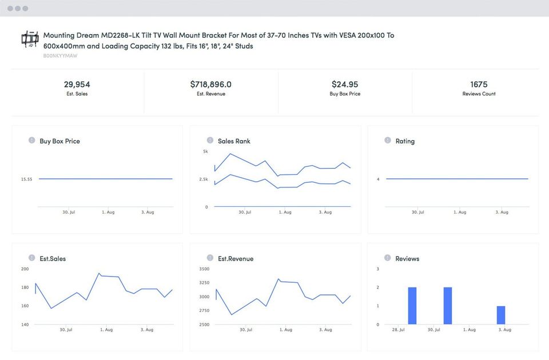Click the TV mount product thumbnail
click(x=29, y=39)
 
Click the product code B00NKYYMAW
click(x=60, y=56)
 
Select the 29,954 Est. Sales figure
click(x=77, y=85)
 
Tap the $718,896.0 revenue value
click(x=210, y=85)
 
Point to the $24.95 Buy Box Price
click(x=345, y=85)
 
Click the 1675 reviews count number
click(x=479, y=85)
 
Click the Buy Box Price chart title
click(x=59, y=141)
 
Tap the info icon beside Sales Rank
click(x=210, y=141)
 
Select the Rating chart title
click(x=405, y=141)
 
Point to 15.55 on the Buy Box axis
click(x=26, y=179)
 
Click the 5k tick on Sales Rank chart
click(x=205, y=151)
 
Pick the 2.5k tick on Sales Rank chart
click(x=204, y=179)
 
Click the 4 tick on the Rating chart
click(x=378, y=179)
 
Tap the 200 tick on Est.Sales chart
click(x=25, y=269)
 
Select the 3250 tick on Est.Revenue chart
click(x=204, y=283)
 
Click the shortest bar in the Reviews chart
click(x=500, y=315)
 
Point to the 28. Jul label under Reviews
click(x=398, y=330)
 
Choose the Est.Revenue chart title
click(x=235, y=259)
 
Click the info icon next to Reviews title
click(x=388, y=258)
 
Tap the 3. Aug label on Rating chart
click(x=502, y=212)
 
